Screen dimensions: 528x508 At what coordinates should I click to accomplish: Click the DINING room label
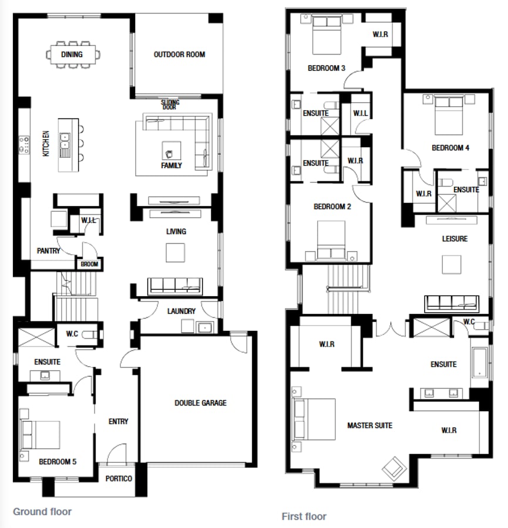point(72,55)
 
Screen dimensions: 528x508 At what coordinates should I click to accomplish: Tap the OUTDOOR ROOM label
point(179,55)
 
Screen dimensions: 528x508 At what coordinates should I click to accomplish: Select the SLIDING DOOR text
point(170,104)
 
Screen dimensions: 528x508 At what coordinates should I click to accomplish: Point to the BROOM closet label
point(89,265)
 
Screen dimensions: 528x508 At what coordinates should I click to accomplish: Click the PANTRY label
point(48,251)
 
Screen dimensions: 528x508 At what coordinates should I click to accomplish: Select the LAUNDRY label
point(181,311)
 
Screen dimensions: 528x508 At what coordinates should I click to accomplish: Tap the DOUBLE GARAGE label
point(200,403)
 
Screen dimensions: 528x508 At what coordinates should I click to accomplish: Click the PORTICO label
point(119,479)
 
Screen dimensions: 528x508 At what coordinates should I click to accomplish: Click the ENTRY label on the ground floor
point(119,421)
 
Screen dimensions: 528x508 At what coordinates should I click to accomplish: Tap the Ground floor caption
point(42,512)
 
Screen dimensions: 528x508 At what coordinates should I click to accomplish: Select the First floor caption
point(304,516)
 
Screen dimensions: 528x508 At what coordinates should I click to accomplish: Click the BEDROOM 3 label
point(326,68)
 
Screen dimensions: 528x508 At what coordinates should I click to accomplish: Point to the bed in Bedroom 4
point(449,114)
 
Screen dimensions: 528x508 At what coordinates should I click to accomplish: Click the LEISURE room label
point(455,239)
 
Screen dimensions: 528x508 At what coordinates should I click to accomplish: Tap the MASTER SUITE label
point(369,425)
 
